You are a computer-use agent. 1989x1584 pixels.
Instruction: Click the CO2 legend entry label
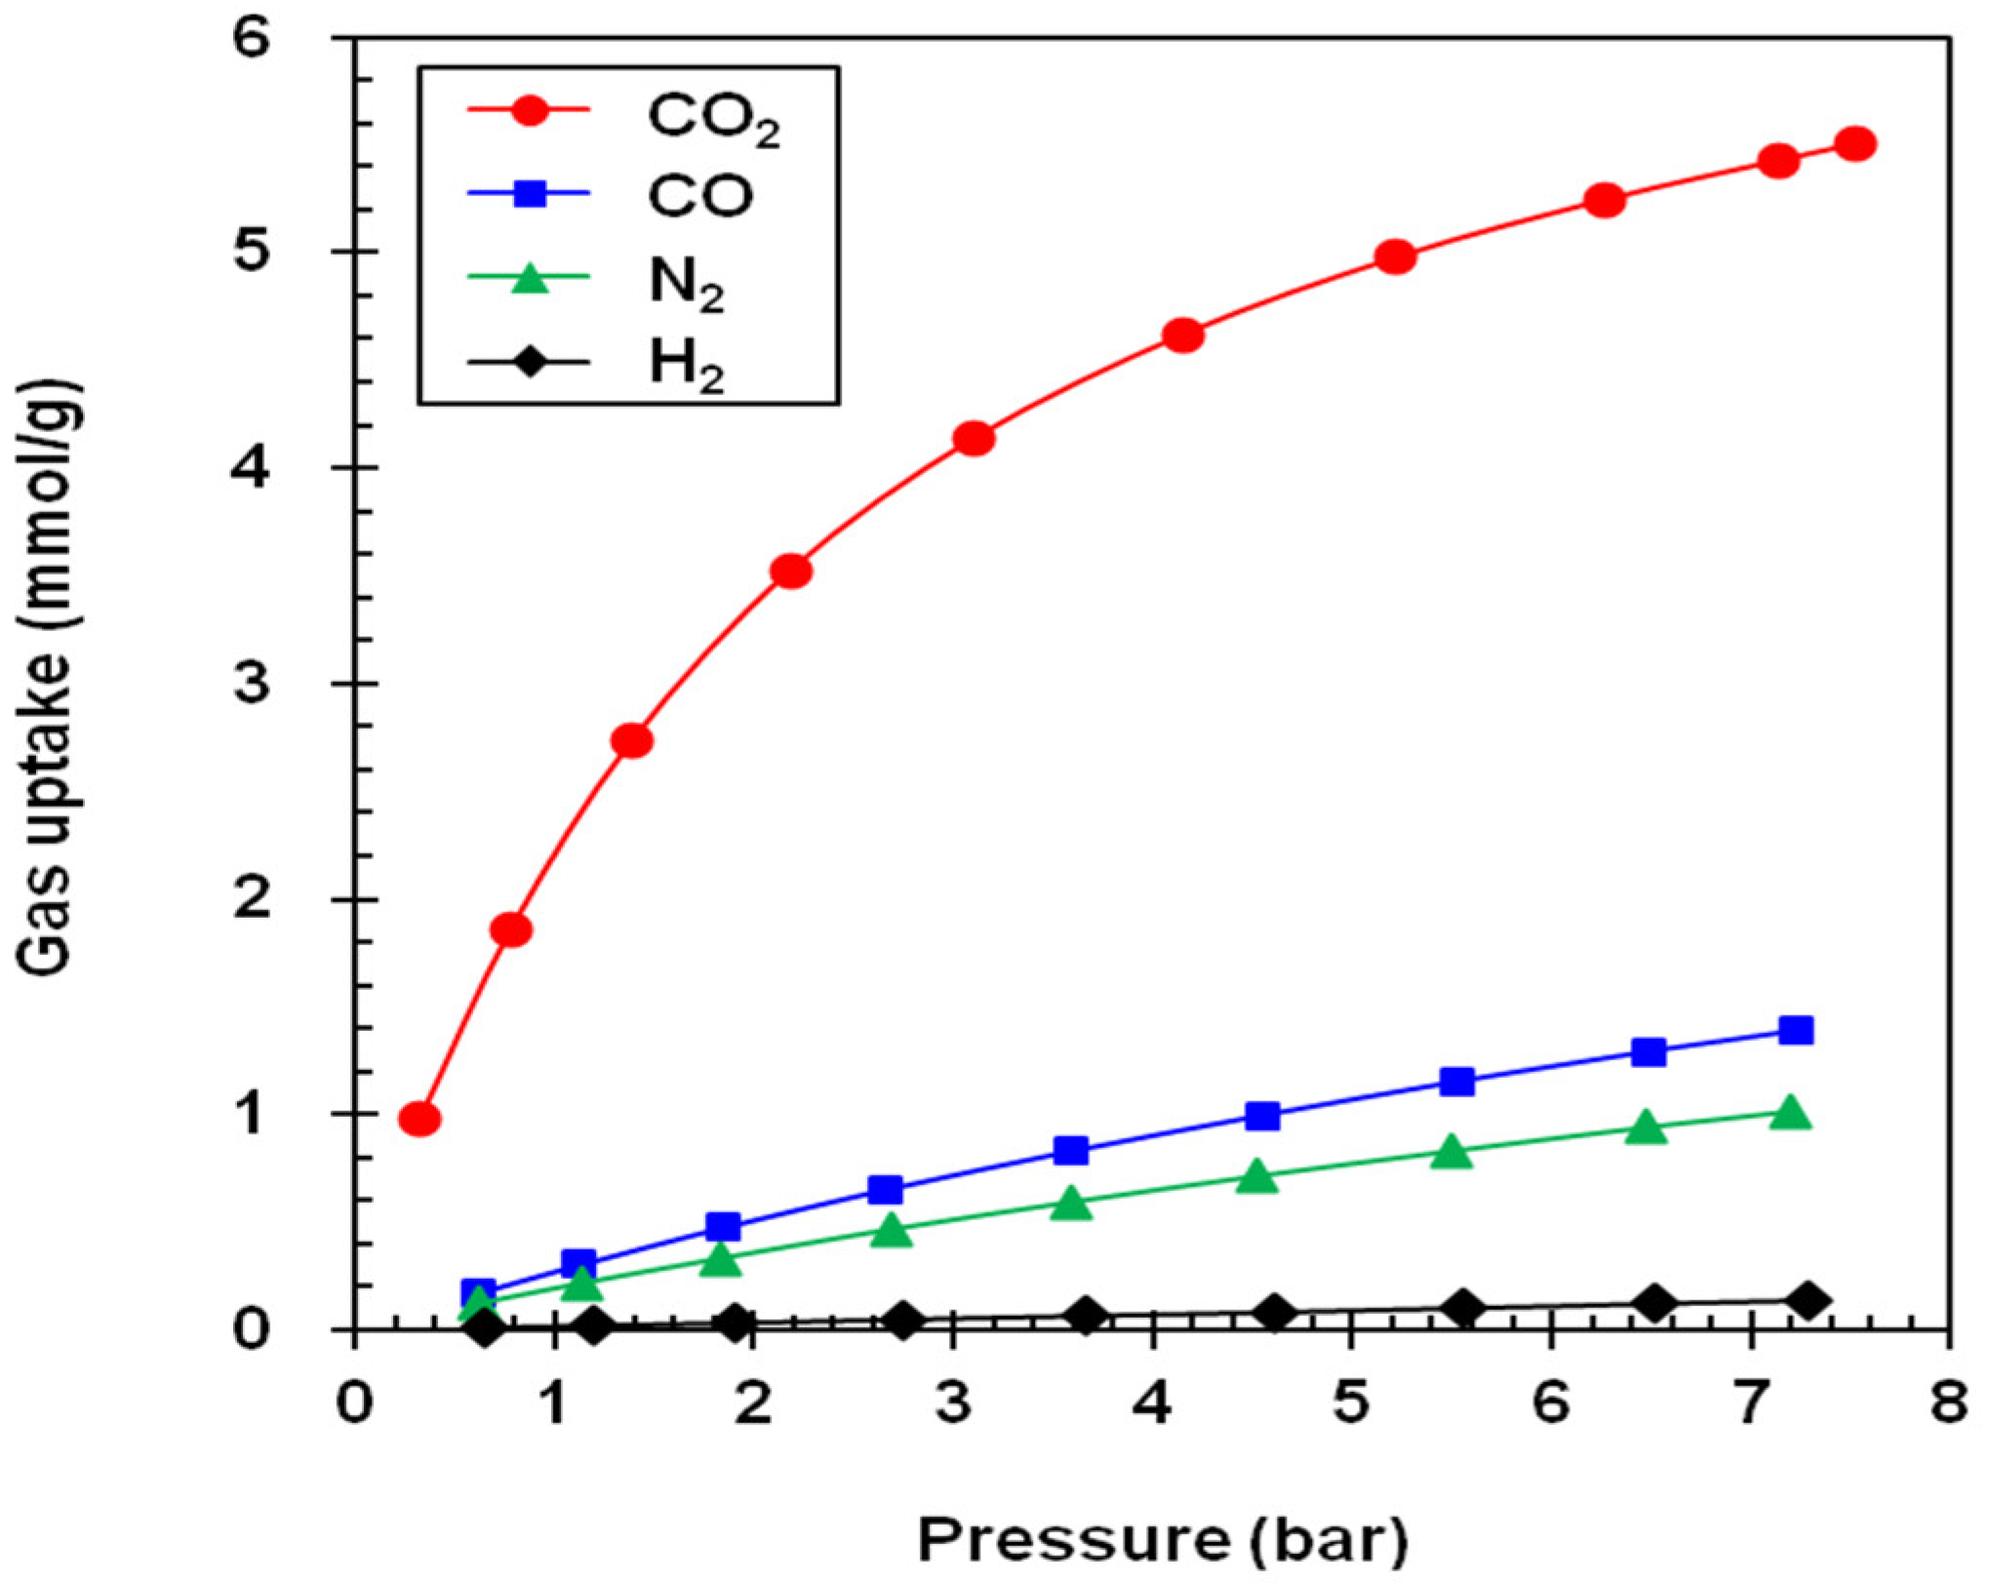click(713, 118)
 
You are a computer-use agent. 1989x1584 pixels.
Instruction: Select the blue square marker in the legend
click(530, 193)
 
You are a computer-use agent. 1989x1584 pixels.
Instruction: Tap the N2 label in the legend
click(687, 283)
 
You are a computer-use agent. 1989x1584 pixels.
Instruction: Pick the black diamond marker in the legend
click(530, 363)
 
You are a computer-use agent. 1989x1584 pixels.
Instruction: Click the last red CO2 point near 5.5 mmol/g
click(1855, 144)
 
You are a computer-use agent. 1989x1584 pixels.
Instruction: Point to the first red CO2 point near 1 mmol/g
click(419, 1120)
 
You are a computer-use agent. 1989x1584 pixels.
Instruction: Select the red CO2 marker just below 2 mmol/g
click(511, 931)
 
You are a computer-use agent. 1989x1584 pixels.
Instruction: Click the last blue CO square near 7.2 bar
click(1796, 1031)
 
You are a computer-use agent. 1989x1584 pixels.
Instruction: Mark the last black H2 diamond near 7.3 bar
click(1807, 1301)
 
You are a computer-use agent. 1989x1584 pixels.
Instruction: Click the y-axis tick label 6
click(251, 39)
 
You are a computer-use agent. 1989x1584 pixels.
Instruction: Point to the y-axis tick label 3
click(251, 684)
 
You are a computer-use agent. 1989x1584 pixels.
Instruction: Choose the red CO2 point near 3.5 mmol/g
click(791, 571)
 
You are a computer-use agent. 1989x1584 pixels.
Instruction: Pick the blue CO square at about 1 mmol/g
click(1262, 1116)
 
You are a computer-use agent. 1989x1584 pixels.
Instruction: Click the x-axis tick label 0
click(354, 1406)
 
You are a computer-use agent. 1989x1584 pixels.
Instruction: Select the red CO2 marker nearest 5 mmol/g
click(1395, 257)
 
